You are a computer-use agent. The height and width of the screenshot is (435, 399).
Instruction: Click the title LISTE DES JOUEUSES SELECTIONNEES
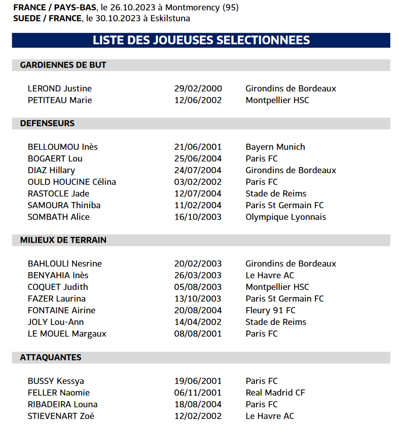[201, 40]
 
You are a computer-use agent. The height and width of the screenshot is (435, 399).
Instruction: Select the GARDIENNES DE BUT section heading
[63, 65]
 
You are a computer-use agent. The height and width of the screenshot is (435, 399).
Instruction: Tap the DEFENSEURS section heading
[47, 123]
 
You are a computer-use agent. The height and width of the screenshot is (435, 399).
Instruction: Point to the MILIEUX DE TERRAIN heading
[63, 240]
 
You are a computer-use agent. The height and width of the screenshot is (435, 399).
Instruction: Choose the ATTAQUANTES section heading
[51, 357]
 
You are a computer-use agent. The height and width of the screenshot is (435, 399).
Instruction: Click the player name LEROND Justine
[60, 88]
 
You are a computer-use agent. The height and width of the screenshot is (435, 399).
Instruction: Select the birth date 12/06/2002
[198, 100]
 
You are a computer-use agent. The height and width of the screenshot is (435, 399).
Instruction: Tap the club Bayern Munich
[275, 147]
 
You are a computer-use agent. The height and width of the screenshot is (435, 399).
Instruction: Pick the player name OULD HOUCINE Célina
[72, 182]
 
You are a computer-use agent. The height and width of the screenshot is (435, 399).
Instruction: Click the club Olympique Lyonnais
[285, 217]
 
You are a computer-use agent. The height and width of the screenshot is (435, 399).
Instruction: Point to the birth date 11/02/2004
[198, 205]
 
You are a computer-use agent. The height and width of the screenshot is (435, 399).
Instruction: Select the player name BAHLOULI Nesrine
[65, 263]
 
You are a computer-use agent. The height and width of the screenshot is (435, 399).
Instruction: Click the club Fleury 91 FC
[271, 310]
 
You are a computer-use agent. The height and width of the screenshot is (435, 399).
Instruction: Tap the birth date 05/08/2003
[198, 287]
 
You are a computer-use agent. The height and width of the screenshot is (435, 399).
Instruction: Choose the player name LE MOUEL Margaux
[67, 333]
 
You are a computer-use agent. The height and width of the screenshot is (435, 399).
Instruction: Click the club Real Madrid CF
[275, 392]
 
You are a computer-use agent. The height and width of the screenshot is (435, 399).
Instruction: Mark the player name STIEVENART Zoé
[61, 416]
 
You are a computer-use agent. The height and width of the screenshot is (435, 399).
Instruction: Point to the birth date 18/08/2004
[198, 404]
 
